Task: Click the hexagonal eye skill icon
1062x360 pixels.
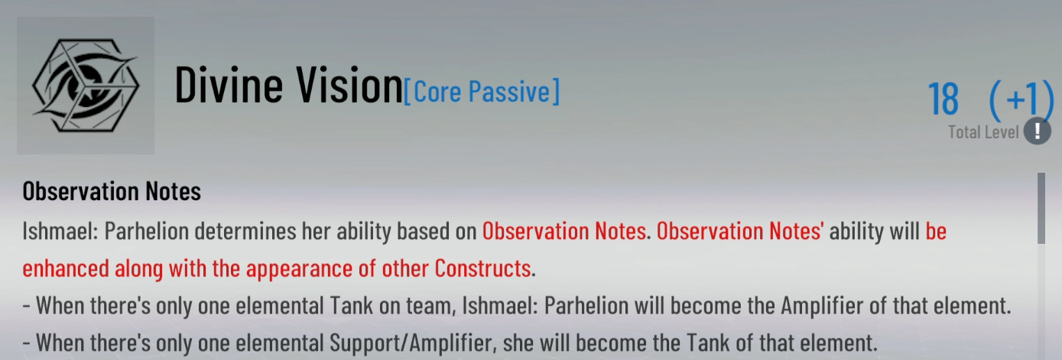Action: [86, 86]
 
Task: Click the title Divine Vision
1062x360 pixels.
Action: [289, 86]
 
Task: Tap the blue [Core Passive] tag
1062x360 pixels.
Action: [482, 92]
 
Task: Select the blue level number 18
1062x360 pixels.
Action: [943, 99]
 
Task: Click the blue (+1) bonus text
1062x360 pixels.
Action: [1021, 99]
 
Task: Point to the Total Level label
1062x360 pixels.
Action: [983, 132]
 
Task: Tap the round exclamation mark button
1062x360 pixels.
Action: [1038, 131]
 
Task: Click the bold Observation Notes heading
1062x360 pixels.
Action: [112, 191]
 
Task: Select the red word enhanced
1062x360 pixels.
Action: [66, 268]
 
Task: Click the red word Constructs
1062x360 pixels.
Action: [482, 268]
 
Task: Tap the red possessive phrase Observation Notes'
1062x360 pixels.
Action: [740, 231]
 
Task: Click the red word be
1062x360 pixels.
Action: [936, 231]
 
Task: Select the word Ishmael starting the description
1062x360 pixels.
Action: [60, 231]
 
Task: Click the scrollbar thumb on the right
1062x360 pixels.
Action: [1041, 209]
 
